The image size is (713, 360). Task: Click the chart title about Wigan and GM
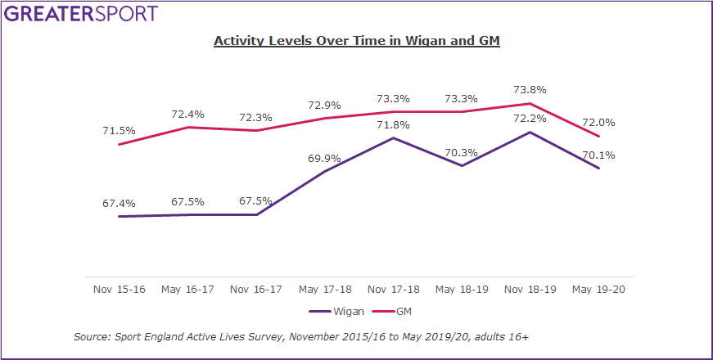(356, 40)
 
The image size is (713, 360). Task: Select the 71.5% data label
(120, 130)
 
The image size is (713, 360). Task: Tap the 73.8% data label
(530, 89)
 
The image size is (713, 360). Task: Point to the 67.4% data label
(120, 203)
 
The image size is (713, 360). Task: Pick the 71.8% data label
(394, 124)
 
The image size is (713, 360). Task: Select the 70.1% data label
(599, 155)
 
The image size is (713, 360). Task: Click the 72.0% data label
(599, 123)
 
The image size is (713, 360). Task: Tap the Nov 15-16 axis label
(120, 289)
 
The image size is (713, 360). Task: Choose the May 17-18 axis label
(325, 289)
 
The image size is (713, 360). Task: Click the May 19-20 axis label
(599, 289)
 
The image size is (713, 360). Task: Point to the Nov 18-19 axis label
(530, 289)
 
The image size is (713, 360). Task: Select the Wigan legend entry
(332, 312)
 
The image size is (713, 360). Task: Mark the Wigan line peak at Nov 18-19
(530, 132)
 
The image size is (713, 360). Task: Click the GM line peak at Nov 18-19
(530, 103)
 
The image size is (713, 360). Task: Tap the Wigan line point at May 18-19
(463, 166)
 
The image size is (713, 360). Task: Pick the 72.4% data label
(188, 114)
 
